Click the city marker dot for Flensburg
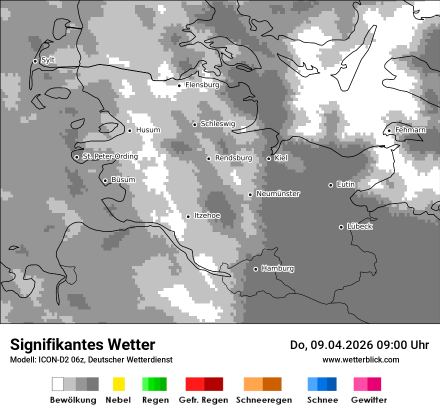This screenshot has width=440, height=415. click(x=179, y=85)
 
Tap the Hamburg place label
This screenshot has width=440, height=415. click(x=277, y=268)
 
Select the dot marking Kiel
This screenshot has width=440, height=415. click(x=268, y=158)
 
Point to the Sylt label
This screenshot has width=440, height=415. click(x=48, y=60)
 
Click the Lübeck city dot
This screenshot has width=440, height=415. click(x=341, y=227)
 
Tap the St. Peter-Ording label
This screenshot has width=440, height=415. click(x=110, y=156)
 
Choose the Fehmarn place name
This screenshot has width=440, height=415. click(x=410, y=130)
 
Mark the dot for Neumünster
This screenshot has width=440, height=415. click(x=250, y=194)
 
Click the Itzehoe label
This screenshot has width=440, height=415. click(x=207, y=215)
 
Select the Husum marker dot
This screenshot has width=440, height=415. click(x=129, y=130)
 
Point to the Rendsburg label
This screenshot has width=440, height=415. click(x=233, y=158)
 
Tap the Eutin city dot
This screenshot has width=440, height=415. click(x=330, y=185)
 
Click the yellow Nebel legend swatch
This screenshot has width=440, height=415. click(x=118, y=384)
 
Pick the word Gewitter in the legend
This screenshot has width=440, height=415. click(x=368, y=400)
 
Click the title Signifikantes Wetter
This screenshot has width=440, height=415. click(x=82, y=345)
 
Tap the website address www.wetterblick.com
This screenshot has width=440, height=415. click(x=360, y=360)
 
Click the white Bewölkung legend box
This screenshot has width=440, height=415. click(x=57, y=384)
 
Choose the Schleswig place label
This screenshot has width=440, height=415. click(x=217, y=123)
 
